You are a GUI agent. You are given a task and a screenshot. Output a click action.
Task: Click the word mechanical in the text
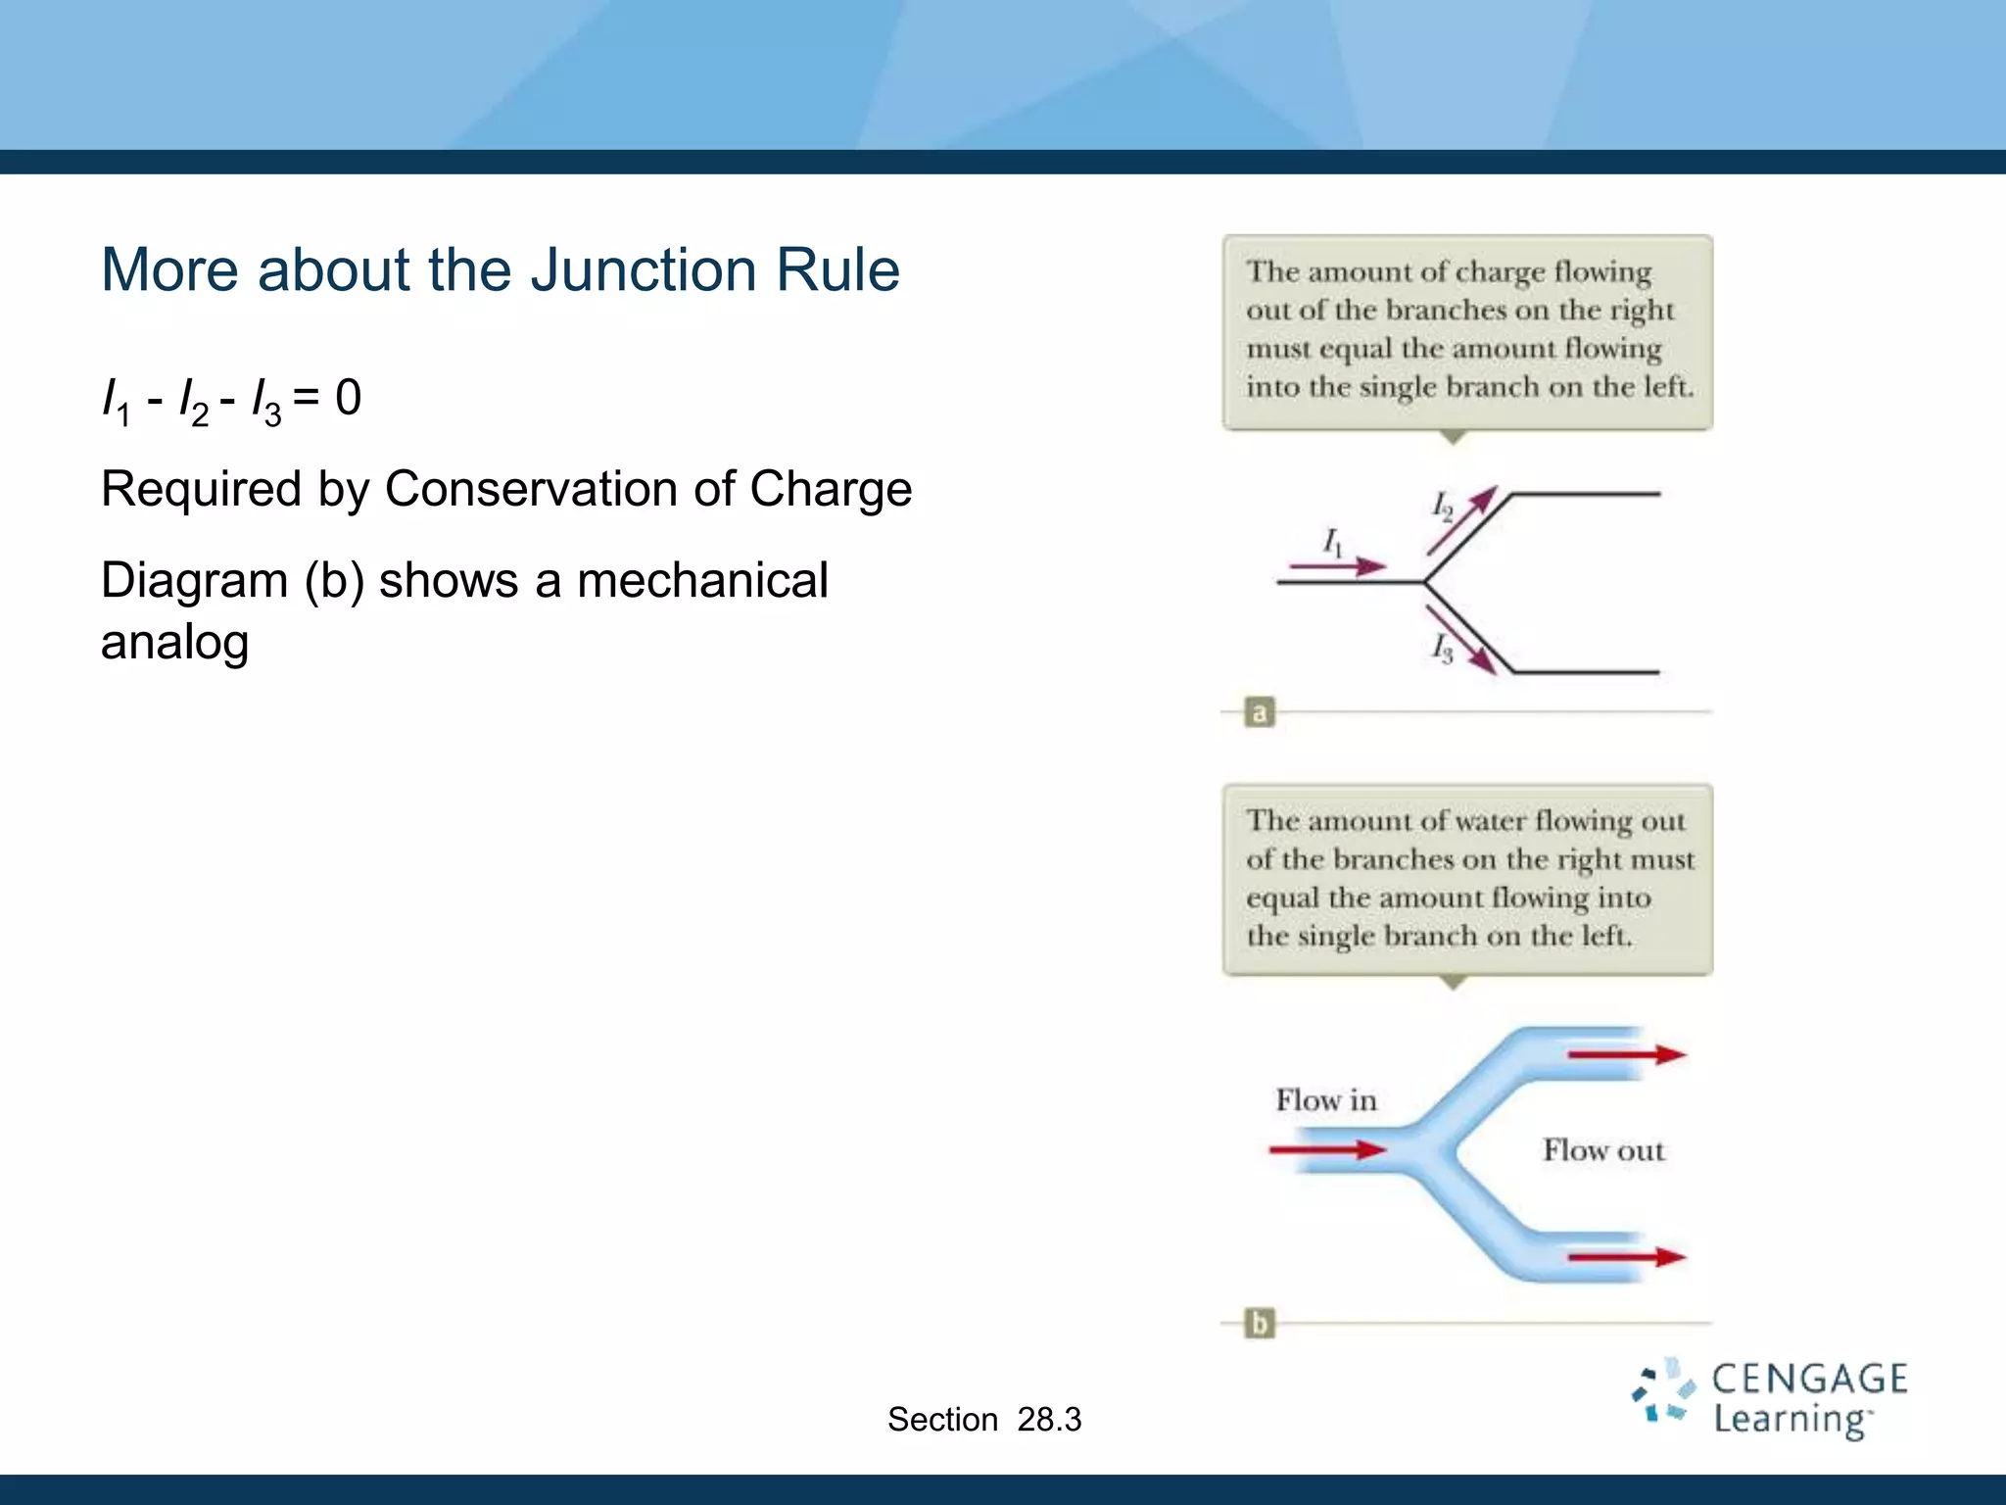[x=701, y=580]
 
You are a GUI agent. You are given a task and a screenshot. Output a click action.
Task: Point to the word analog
[x=174, y=643]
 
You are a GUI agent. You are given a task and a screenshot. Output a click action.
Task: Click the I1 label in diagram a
[x=1333, y=542]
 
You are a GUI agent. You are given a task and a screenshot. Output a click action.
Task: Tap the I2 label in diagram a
[x=1442, y=507]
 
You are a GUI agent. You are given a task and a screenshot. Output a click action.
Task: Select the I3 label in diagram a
[x=1442, y=648]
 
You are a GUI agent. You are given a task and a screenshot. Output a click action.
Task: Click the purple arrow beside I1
[x=1338, y=566]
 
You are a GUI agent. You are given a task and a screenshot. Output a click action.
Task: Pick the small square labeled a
[x=1260, y=712]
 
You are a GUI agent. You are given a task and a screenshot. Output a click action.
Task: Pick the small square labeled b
[x=1260, y=1324]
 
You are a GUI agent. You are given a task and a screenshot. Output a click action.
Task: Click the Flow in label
[x=1326, y=1100]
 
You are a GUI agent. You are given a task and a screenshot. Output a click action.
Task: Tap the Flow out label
[x=1603, y=1150]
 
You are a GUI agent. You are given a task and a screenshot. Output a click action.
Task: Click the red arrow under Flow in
[x=1328, y=1149]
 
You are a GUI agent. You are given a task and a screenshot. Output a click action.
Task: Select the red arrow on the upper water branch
[x=1626, y=1055]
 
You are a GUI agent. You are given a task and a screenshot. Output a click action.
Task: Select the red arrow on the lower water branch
[x=1626, y=1257]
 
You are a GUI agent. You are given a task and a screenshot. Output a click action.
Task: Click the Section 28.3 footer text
[x=984, y=1420]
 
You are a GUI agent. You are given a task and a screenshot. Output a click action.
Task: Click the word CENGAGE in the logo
[x=1809, y=1380]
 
